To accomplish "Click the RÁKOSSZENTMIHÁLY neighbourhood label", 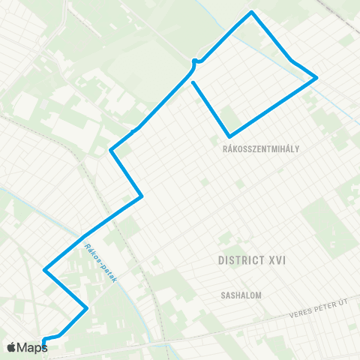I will click(261, 148).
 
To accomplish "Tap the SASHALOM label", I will click(240, 295).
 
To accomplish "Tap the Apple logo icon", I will click(11, 347).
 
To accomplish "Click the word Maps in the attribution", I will click(33, 347).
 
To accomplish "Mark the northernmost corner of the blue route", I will click(252, 12).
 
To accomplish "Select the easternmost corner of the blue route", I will click(317, 77).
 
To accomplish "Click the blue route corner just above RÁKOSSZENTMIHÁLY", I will click(229, 136).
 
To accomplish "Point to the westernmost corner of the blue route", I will click(45, 269).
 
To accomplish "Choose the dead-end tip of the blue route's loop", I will click(193, 82).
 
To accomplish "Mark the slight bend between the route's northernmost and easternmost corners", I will click(292, 60).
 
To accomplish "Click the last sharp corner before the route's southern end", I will click(87, 307).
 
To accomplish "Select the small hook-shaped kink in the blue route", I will click(195, 61).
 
